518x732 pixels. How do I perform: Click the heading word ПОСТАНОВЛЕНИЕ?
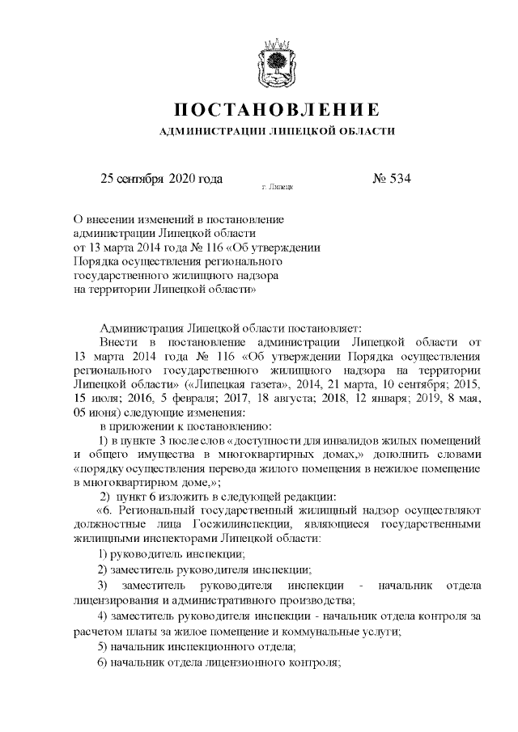(x=277, y=110)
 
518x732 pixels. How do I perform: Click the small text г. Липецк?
(x=278, y=187)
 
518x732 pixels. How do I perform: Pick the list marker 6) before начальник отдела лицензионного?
(x=103, y=662)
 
